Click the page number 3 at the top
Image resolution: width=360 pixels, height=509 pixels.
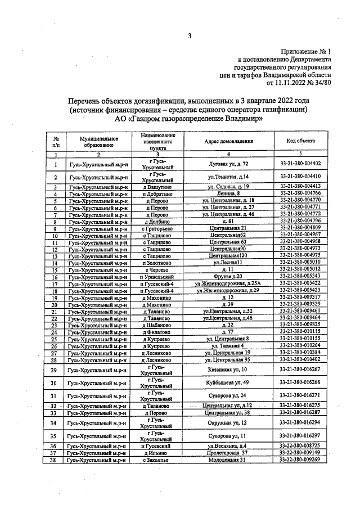(190, 37)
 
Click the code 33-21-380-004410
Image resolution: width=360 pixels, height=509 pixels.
(300, 177)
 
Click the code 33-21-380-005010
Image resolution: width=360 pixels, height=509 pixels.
(300, 262)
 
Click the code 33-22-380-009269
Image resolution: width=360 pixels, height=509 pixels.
(300, 460)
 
